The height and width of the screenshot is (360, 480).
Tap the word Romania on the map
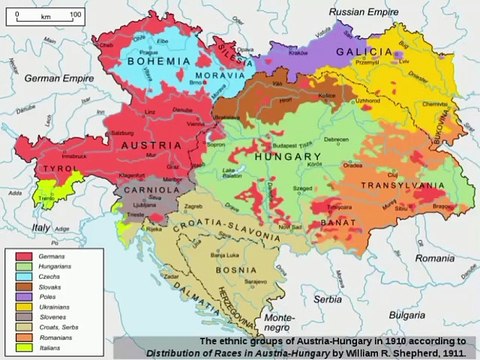(436, 257)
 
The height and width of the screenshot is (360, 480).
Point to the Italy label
(40, 229)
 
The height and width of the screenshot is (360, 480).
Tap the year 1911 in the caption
(451, 352)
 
